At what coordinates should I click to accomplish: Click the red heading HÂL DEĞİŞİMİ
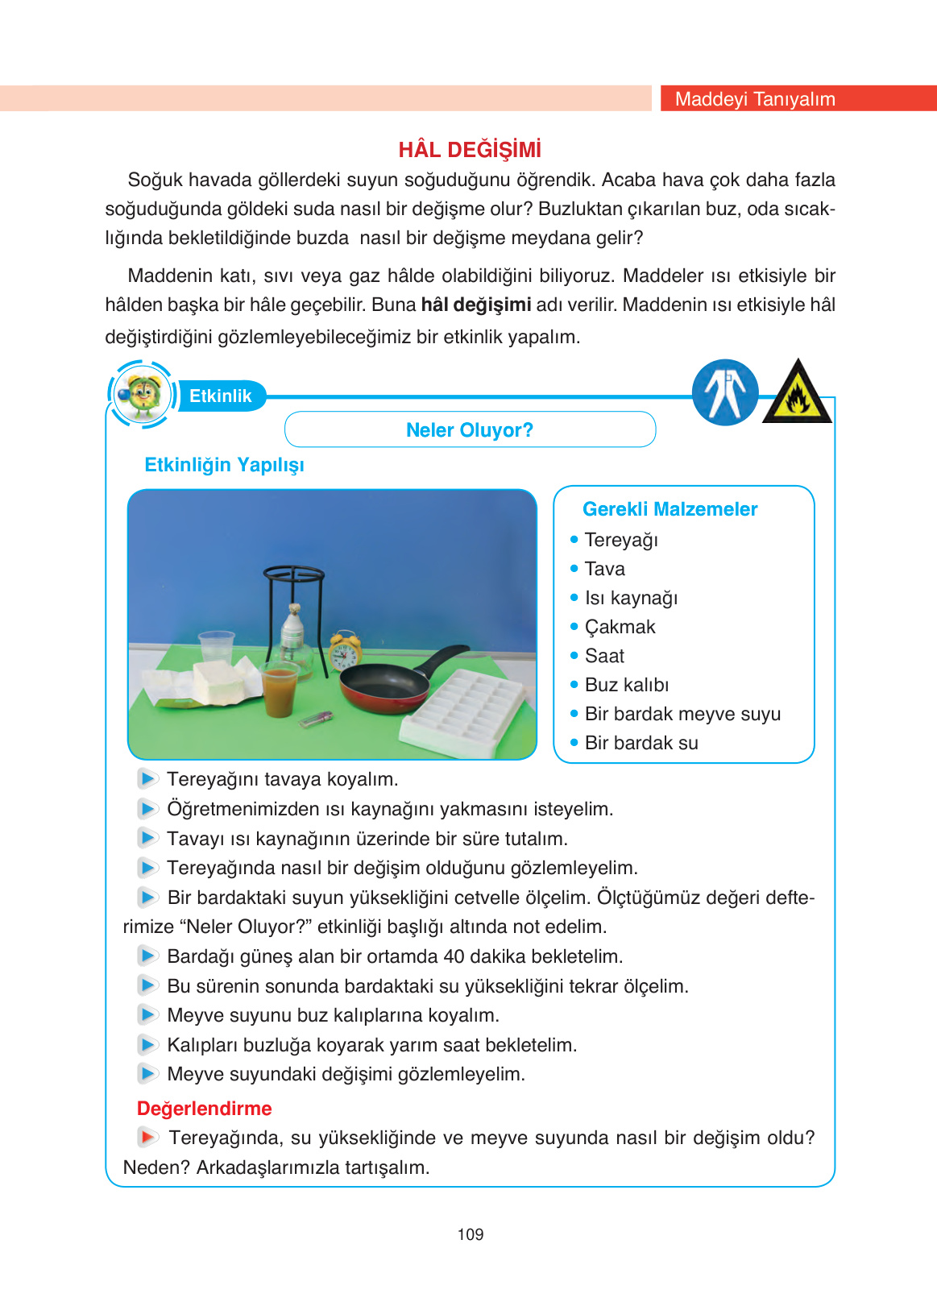click(470, 150)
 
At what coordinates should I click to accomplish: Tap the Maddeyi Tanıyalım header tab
click(755, 98)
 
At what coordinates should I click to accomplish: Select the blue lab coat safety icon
click(725, 392)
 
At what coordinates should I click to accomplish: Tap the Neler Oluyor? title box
click(470, 429)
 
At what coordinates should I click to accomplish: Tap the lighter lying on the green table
click(315, 719)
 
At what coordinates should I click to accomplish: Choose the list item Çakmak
click(620, 627)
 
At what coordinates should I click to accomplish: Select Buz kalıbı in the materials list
click(627, 685)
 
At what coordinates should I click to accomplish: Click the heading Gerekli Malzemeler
click(670, 509)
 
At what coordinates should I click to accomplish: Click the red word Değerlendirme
click(204, 1109)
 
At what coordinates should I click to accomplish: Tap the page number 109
click(470, 1234)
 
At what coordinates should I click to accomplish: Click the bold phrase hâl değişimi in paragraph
click(475, 305)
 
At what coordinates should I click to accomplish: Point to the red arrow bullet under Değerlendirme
click(147, 1137)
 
